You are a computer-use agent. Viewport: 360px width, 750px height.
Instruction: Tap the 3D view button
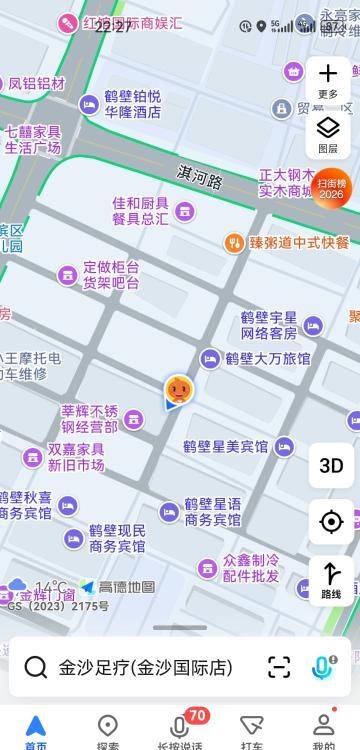coord(331,465)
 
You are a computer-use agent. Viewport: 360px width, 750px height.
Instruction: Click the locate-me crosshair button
coord(331,521)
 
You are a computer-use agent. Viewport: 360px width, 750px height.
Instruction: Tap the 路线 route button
coord(331,581)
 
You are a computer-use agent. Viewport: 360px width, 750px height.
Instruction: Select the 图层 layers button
coord(328,133)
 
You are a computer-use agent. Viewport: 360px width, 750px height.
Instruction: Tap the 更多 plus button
coord(328,79)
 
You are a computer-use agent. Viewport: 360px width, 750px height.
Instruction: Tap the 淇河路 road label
coord(201,174)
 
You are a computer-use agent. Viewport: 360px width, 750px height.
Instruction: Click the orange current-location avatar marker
coord(179,389)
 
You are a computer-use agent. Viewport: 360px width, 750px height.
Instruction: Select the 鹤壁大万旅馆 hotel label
coord(267,359)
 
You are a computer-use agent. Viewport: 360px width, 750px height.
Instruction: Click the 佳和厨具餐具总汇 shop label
coord(140,210)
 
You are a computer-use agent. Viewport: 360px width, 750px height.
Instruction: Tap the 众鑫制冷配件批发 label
coord(251,568)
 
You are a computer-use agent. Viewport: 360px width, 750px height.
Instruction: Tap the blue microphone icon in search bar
coord(324,667)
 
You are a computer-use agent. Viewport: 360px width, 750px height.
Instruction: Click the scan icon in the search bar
coord(279,667)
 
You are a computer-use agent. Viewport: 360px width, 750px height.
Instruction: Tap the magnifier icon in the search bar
coord(37,667)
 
